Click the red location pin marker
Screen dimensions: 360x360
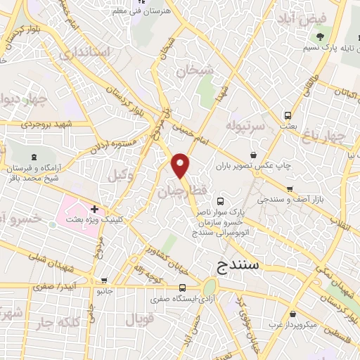[x=181, y=165]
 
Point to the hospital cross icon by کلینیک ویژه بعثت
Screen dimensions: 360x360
[x=94, y=209]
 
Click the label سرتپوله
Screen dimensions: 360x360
[x=245, y=125]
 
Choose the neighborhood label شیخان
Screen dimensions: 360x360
[x=194, y=70]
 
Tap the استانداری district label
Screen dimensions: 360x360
[x=85, y=53]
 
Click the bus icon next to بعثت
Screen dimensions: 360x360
[x=287, y=115]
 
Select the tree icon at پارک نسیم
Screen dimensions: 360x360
[x=321, y=37]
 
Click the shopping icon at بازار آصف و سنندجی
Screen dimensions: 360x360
[x=289, y=189]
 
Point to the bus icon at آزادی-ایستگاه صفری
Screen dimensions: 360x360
[x=182, y=288]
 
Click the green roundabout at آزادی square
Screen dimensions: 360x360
[x=210, y=288]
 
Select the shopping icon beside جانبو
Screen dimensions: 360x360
[x=104, y=279]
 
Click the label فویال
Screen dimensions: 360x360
[x=139, y=321]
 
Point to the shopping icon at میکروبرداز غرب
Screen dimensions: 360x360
[x=292, y=314]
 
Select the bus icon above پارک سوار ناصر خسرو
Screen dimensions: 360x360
[x=222, y=200]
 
